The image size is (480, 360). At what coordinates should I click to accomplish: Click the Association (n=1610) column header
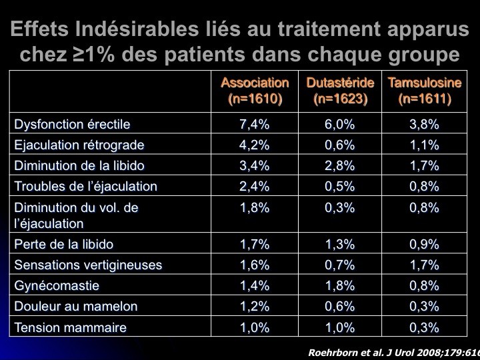(255, 91)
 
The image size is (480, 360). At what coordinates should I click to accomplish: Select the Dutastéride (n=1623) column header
(340, 91)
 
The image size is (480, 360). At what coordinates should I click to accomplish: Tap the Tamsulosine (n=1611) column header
(425, 91)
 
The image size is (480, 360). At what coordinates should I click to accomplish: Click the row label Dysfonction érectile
(72, 124)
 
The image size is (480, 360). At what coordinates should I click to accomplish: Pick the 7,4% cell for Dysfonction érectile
(255, 124)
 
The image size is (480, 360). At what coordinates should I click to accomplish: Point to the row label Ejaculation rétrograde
(79, 145)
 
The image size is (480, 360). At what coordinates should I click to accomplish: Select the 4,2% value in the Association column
(255, 145)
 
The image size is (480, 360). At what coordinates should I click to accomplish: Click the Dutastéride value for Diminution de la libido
(340, 165)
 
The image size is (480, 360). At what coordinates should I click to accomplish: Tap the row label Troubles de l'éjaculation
(85, 186)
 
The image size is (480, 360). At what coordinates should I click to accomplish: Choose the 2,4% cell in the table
(255, 186)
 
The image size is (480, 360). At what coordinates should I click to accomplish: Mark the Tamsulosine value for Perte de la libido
(425, 244)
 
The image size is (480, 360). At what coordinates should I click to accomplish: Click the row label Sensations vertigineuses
(88, 265)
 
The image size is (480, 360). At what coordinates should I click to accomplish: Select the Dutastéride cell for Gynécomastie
(340, 285)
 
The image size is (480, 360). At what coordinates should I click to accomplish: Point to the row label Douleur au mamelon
(76, 307)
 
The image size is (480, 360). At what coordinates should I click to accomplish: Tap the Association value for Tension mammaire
(255, 327)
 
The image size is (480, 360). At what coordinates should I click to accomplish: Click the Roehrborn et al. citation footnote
(393, 351)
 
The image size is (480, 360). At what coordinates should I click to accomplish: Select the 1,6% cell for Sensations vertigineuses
(255, 265)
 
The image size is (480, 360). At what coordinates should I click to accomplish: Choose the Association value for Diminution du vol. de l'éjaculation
(255, 207)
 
